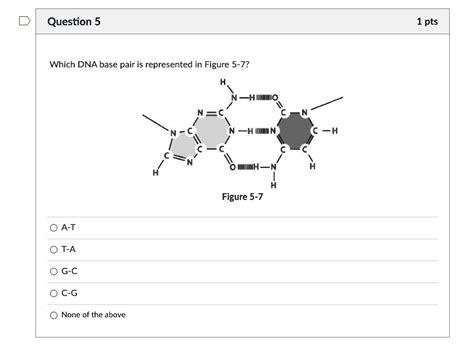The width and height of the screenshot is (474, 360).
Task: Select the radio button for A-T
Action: pos(54,227)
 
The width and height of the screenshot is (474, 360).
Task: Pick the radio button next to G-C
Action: pos(54,270)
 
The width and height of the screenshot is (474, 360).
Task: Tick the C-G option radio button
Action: pos(54,292)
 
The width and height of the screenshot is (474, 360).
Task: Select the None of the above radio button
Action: pos(54,315)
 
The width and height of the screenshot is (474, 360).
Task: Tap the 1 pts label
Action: pos(427,22)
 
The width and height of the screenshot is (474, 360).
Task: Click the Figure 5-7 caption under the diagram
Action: pos(242,197)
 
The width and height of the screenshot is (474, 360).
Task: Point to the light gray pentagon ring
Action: pos(182,149)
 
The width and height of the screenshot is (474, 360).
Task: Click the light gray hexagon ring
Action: pos(210,131)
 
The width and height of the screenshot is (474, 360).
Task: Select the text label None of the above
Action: pos(93,315)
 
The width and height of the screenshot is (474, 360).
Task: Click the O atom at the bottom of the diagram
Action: pos(233,165)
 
